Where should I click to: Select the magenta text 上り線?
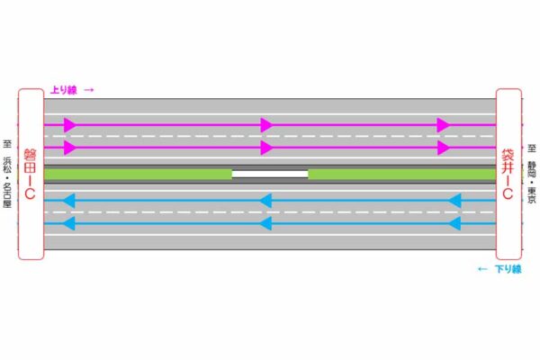(x=63, y=90)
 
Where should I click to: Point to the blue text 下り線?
(x=508, y=269)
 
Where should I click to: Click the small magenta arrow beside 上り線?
(x=89, y=90)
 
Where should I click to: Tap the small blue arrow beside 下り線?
(x=483, y=269)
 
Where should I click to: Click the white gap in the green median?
(x=270, y=173)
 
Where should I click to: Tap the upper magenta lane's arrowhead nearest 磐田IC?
(x=70, y=125)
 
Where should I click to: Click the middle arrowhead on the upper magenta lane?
(x=265, y=125)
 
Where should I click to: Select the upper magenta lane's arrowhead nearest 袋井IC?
(x=443, y=125)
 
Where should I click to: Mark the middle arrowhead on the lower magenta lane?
(x=265, y=147)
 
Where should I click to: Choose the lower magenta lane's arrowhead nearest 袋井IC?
(x=443, y=147)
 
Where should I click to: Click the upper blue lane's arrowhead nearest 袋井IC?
(x=454, y=201)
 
